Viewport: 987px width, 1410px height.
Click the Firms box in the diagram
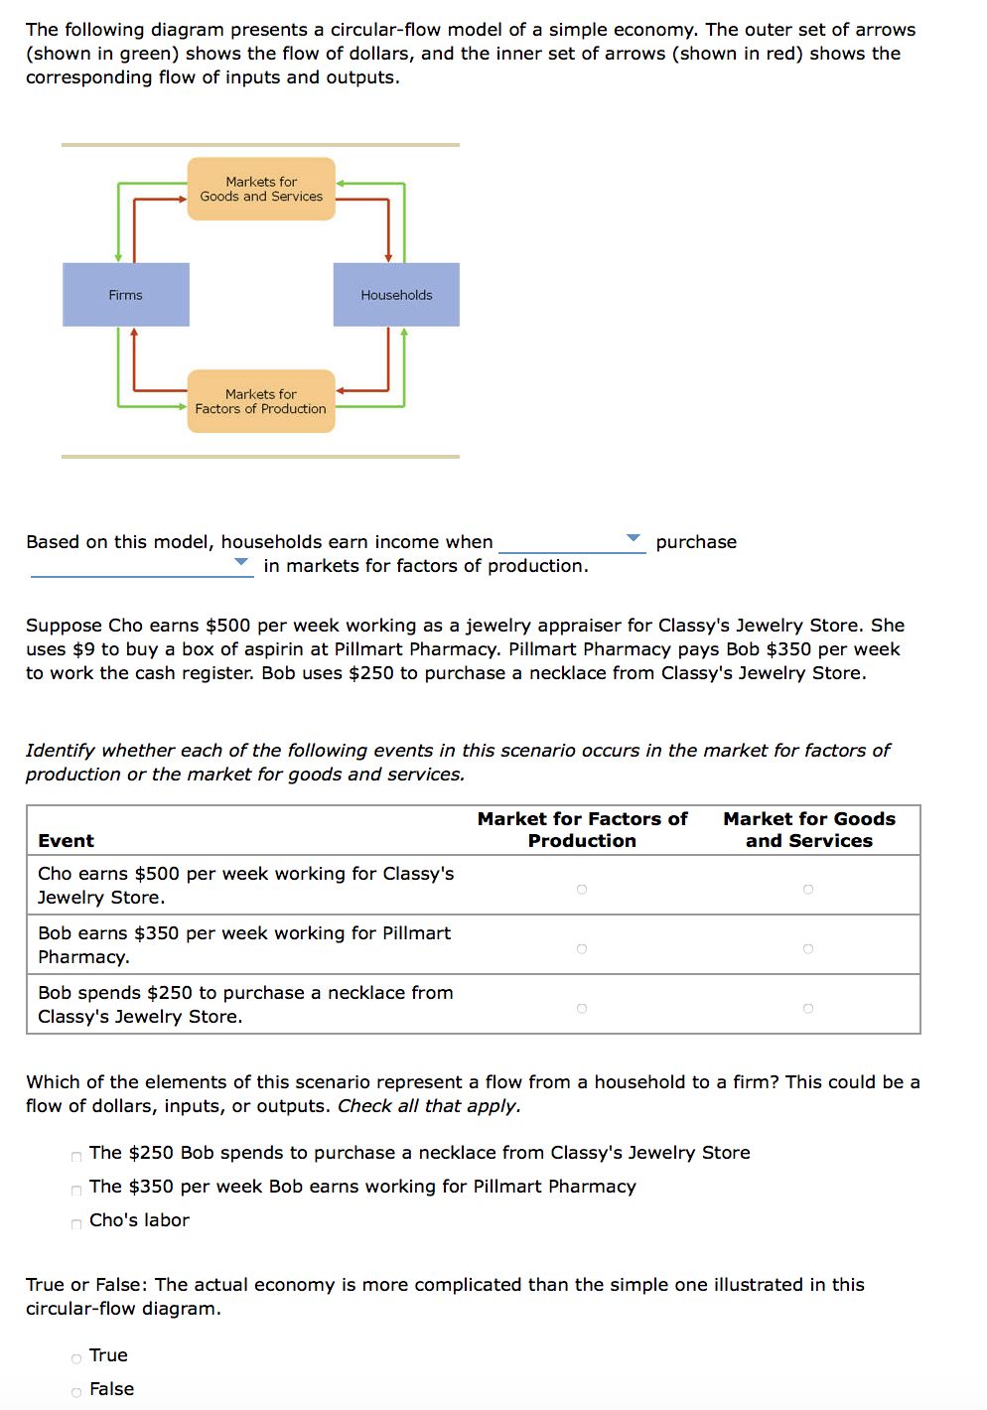126,295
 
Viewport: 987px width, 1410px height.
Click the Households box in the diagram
396,295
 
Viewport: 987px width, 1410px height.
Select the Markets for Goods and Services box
261,189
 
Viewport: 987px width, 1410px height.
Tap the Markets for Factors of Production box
261,401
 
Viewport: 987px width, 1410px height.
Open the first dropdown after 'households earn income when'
572,540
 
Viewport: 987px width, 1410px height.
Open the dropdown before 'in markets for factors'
141,564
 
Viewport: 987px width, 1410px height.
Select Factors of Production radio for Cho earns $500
582,890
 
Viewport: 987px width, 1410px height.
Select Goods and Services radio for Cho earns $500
808,890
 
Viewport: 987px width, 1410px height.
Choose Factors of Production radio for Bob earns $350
582,949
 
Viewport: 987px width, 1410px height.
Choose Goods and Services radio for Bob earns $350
808,949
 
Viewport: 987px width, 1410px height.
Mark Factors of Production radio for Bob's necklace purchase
582,1009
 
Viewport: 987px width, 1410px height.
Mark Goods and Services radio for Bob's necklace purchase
808,1009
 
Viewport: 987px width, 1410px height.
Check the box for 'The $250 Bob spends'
76,1156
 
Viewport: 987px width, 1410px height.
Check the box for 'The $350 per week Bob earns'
76,1190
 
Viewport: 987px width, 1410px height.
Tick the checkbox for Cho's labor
76,1223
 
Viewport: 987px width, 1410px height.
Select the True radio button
76,1358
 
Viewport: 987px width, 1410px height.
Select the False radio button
76,1392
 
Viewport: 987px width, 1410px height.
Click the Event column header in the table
67,841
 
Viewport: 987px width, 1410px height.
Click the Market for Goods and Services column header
809,830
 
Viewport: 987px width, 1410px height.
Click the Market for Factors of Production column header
582,830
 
